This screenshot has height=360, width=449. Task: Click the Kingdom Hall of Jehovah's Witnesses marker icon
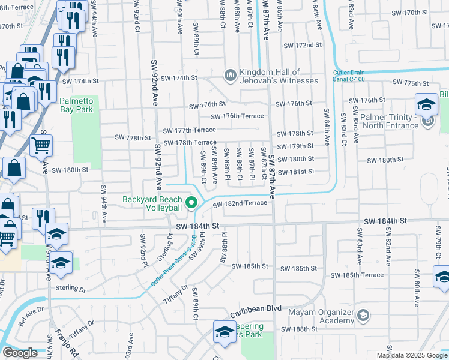tap(229, 75)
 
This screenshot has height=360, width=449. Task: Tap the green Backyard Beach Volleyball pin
tap(192, 203)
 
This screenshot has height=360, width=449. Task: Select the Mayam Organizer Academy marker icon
tap(362, 315)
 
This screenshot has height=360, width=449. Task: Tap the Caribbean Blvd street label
tap(256, 308)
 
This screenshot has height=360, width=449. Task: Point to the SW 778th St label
tap(133, 137)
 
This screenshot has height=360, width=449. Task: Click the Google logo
tap(20, 353)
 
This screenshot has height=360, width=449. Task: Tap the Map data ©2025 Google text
tap(412, 355)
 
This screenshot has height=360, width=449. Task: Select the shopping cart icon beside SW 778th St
tap(41, 145)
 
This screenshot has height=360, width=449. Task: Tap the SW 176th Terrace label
tap(237, 116)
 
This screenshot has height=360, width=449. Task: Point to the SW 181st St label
tap(295, 172)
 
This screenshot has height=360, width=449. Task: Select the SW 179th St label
tap(295, 146)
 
